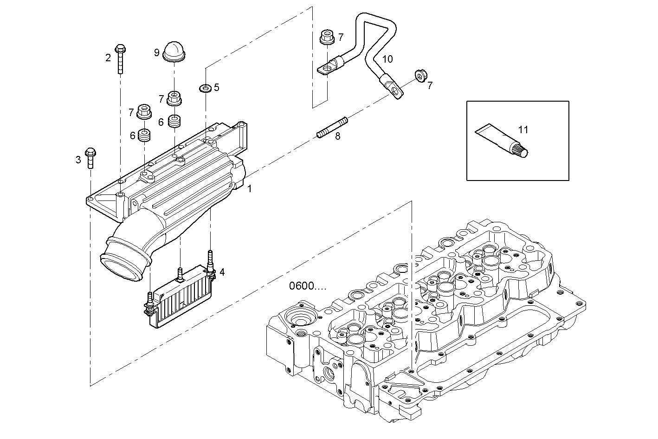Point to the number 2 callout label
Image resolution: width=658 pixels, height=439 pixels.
(108, 58)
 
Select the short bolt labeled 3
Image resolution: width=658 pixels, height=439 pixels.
(90, 157)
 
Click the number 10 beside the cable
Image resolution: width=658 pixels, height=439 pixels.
(387, 59)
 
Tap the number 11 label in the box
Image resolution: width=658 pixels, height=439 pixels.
(523, 130)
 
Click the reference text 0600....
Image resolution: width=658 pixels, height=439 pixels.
(307, 286)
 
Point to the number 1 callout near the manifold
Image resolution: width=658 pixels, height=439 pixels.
(249, 189)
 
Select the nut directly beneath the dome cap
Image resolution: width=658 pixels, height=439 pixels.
(174, 98)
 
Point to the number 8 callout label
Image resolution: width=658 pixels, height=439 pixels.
(337, 136)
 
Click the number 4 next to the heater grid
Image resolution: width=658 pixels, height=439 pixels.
(222, 272)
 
